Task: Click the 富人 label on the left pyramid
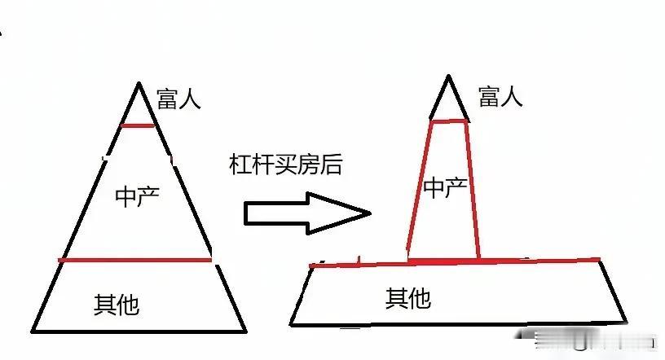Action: pos(178,99)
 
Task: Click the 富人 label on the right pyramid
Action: pos(500,96)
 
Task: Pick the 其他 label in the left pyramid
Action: pos(117,305)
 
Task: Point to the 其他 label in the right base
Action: pos(407,298)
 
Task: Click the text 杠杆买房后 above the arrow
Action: pos(286,165)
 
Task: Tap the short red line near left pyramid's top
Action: pos(138,125)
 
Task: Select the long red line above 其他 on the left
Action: pos(135,261)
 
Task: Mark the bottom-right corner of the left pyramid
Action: pos(246,331)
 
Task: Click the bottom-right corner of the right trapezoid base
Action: pos(628,323)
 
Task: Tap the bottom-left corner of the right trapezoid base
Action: pos(291,324)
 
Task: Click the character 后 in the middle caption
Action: pos(332,165)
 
